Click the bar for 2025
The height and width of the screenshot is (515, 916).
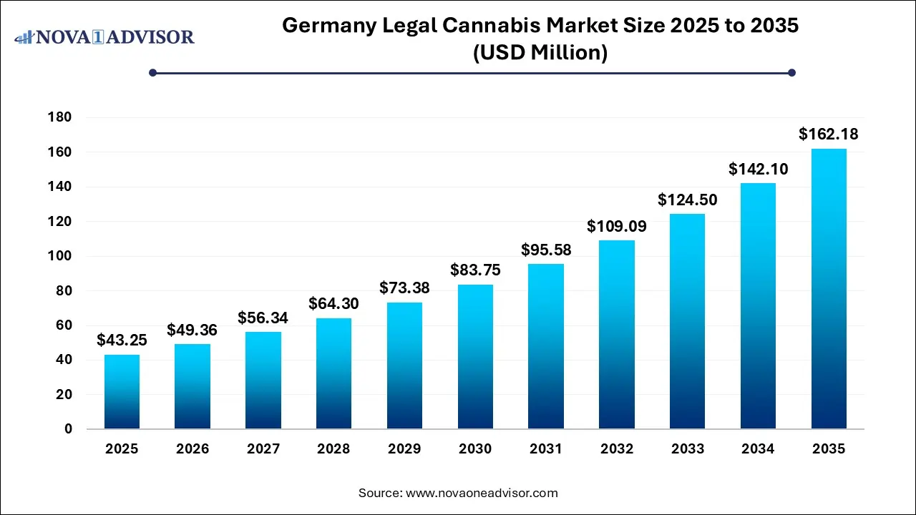122,392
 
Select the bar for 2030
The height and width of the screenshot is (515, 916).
475,357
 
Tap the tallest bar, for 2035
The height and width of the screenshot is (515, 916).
829,289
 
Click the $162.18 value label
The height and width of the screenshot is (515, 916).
829,134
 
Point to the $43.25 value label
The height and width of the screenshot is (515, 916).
122,340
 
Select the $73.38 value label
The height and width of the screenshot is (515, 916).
404,288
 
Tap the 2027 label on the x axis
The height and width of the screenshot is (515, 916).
263,449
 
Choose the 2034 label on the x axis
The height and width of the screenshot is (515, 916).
758,449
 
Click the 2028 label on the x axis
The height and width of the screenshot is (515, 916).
333,449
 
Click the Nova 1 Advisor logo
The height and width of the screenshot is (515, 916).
104,36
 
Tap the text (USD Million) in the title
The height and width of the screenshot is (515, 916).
540,52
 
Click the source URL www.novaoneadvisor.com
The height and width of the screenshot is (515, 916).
482,493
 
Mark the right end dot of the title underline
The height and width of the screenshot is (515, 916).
791,72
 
